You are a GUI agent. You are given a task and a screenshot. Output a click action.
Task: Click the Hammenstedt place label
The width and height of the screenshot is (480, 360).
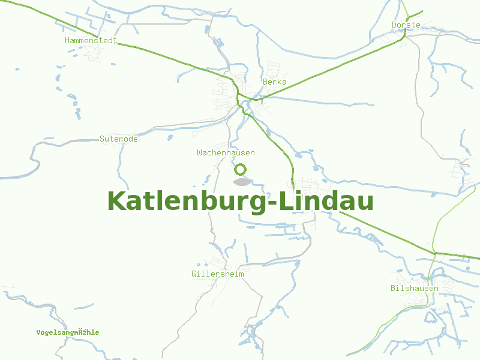[x=91, y=41]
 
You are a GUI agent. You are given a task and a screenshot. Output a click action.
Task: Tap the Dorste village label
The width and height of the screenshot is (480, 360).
[x=406, y=25]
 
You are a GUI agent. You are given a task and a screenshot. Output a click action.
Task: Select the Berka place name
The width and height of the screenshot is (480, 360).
[x=274, y=82]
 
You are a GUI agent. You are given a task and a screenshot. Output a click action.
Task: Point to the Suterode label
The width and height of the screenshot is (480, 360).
[x=119, y=139]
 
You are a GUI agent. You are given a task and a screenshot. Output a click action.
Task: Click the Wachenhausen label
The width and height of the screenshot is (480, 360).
[x=226, y=152]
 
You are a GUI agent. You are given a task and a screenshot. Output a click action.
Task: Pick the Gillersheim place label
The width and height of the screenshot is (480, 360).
[x=218, y=274]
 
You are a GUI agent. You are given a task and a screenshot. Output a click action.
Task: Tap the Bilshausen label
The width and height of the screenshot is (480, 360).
[x=414, y=288]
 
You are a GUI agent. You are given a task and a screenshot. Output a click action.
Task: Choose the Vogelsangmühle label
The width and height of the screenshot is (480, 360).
[x=67, y=332]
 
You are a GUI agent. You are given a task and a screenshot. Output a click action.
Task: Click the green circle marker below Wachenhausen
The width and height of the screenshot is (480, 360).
[x=241, y=169]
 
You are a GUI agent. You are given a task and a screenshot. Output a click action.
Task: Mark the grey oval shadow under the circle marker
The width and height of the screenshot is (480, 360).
[x=241, y=182]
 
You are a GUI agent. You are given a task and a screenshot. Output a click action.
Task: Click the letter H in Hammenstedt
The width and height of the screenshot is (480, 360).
[x=67, y=41]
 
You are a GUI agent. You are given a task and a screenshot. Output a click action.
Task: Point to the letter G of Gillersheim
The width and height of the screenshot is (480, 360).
[x=194, y=274]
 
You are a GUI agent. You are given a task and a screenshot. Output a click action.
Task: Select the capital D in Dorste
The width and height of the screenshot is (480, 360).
[x=394, y=25]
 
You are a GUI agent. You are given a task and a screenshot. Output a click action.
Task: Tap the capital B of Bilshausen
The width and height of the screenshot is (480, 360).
[x=393, y=288]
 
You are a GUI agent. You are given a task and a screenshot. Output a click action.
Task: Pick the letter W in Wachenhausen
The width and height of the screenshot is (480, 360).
[x=199, y=152]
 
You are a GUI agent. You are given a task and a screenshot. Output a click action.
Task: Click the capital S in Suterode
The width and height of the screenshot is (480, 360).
[x=102, y=139]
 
